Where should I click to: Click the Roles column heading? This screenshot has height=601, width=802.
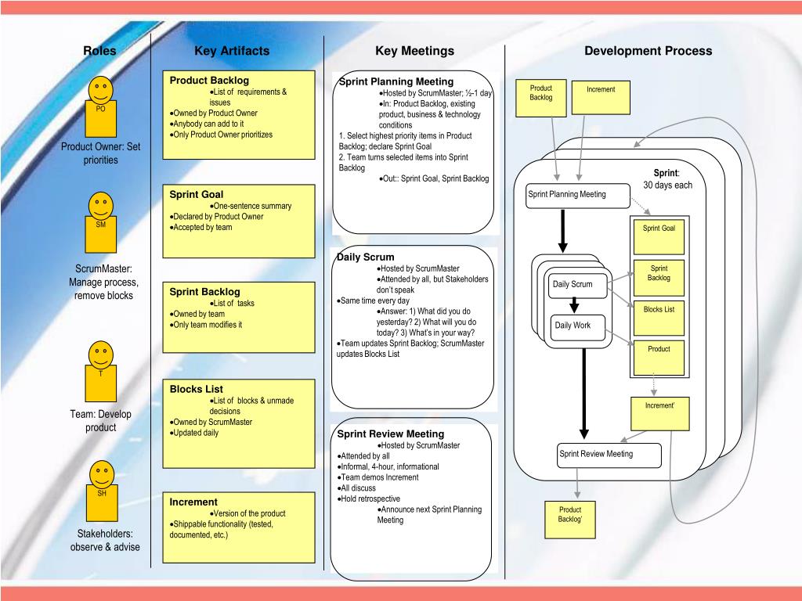[99, 51]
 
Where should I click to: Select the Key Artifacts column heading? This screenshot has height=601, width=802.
[231, 51]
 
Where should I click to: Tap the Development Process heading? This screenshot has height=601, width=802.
[648, 51]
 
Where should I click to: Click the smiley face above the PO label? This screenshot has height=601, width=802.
[100, 88]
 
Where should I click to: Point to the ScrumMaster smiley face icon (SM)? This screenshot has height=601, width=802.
[100, 204]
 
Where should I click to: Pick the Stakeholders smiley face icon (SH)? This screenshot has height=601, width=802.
[101, 474]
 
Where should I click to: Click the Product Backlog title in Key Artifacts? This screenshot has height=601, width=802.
[209, 81]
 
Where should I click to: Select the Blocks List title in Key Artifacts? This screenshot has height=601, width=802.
[197, 389]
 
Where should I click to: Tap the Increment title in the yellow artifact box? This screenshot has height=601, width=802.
[193, 502]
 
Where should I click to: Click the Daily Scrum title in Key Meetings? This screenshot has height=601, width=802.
[366, 257]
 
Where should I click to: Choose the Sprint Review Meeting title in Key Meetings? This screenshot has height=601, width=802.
[390, 434]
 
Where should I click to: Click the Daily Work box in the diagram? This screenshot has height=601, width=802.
[573, 326]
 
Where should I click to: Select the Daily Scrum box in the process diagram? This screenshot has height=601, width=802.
[573, 284]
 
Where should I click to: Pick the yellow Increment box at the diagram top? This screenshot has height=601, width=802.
[601, 98]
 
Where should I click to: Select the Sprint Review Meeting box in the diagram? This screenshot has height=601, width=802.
[609, 455]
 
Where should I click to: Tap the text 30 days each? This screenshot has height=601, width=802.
[668, 185]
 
